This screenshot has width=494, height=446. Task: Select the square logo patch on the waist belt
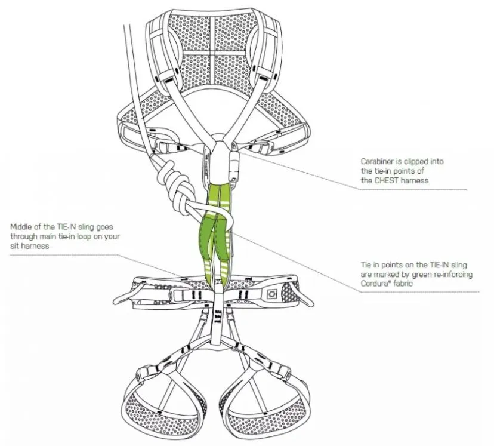click(268, 293)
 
